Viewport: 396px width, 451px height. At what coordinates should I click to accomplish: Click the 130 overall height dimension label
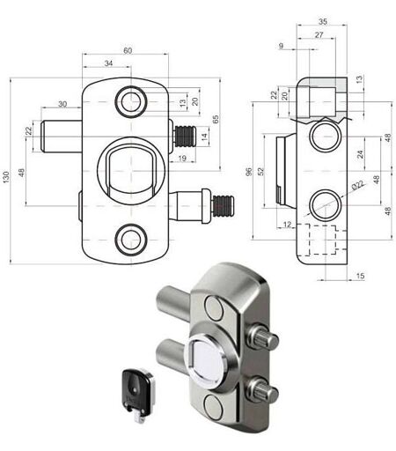pos(6,177)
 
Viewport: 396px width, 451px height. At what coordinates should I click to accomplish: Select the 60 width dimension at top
pos(128,50)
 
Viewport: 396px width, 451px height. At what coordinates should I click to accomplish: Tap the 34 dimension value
pos(108,63)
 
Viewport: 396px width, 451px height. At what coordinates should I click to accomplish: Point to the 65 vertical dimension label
pos(216,119)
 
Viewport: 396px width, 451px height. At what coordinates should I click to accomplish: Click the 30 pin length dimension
pos(62,104)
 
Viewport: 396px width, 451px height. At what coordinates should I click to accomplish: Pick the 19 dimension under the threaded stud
pos(182,159)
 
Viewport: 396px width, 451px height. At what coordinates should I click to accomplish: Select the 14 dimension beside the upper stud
pos(204,136)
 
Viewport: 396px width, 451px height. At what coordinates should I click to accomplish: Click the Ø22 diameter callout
pos(358,185)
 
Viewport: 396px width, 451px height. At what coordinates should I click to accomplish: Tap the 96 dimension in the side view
pos(249,172)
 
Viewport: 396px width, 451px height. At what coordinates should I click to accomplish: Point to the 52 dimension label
pos(260,172)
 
